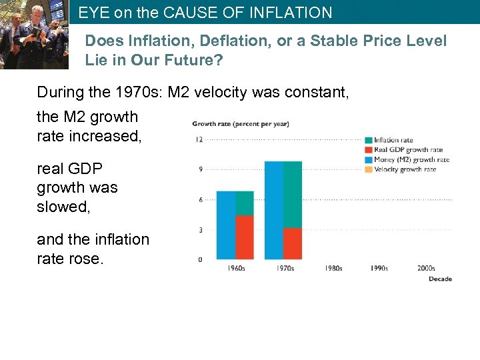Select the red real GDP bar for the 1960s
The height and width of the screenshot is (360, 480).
click(245, 237)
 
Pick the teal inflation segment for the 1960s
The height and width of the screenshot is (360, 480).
click(245, 203)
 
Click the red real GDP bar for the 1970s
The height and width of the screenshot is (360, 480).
click(293, 244)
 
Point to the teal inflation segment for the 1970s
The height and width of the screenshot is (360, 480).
click(293, 195)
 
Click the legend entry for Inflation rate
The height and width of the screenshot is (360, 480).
click(393, 140)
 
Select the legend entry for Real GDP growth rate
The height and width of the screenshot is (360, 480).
click(408, 150)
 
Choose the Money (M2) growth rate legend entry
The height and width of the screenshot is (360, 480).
click(411, 159)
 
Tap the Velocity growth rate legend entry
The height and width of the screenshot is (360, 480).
click(405, 169)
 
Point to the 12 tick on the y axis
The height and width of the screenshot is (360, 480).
click(199, 139)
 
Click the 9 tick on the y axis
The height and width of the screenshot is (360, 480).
click(200, 169)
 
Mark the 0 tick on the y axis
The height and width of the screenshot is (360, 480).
click(200, 259)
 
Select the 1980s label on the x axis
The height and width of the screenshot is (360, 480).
click(333, 269)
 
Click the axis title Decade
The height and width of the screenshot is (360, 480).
click(440, 279)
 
